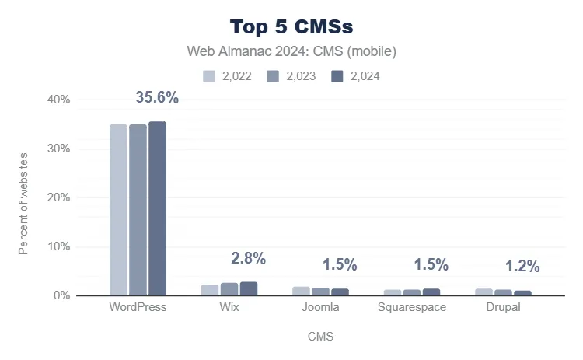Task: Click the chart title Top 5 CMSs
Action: (x=291, y=26)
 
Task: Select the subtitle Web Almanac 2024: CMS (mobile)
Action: (x=291, y=52)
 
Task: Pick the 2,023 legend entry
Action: (x=291, y=76)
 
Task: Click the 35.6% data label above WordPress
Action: (x=157, y=98)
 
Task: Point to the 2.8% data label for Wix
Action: (x=249, y=259)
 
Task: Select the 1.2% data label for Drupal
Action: (x=522, y=267)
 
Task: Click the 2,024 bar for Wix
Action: (x=249, y=288)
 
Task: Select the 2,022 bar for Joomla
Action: (x=301, y=291)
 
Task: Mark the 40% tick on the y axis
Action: (x=60, y=100)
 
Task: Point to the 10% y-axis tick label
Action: (x=60, y=246)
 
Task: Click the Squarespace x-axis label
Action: (x=412, y=307)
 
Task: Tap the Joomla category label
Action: (x=320, y=307)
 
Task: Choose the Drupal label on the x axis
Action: (x=503, y=307)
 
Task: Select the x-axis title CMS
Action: (x=320, y=337)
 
